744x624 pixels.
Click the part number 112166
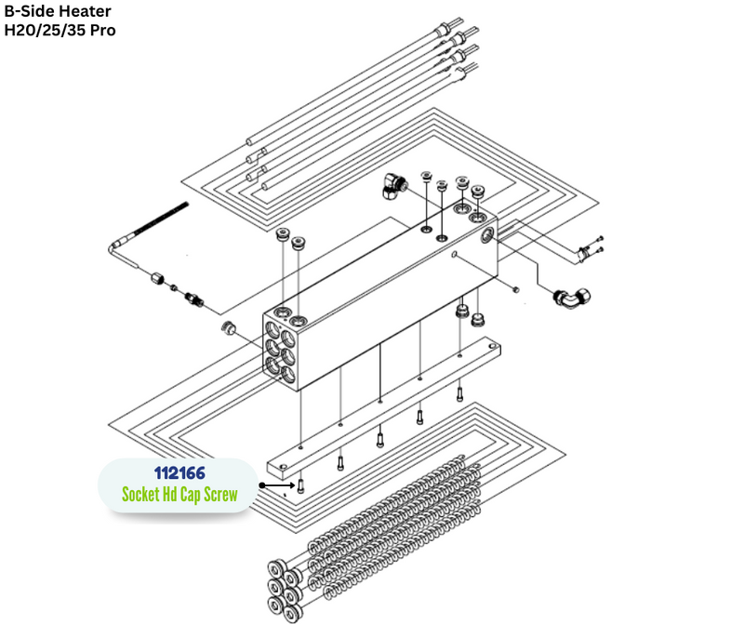(x=179, y=472)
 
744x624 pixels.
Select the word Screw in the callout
(x=220, y=495)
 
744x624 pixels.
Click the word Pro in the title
(x=103, y=31)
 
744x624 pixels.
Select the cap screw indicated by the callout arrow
(x=300, y=486)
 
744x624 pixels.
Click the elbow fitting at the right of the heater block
(x=571, y=298)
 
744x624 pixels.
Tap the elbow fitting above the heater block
(x=394, y=186)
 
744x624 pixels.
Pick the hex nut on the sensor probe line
(x=157, y=278)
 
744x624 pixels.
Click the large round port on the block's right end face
(x=487, y=234)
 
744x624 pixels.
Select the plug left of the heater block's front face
(x=228, y=327)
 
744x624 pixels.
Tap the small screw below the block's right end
(x=516, y=289)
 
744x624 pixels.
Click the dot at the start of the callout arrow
(x=262, y=485)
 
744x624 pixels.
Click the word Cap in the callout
(x=190, y=496)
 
